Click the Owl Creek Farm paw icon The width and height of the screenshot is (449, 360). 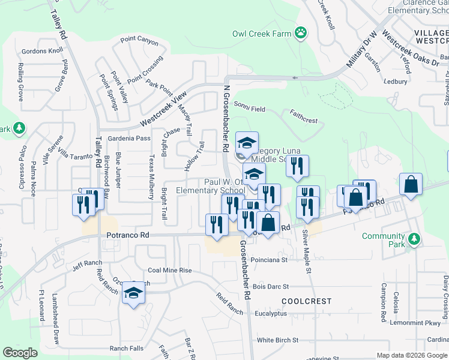pos(301,33)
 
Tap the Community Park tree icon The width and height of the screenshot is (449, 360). pos(414,239)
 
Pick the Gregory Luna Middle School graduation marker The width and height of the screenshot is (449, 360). pos(247,143)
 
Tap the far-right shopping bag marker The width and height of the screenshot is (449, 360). pos(411,185)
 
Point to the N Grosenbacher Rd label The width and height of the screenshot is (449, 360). pos(226,117)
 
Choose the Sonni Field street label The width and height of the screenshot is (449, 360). pos(250,109)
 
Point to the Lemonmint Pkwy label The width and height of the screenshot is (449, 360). pos(423,323)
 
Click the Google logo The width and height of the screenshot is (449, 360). pos(20,353)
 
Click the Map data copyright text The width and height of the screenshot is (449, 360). pos(411,355)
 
